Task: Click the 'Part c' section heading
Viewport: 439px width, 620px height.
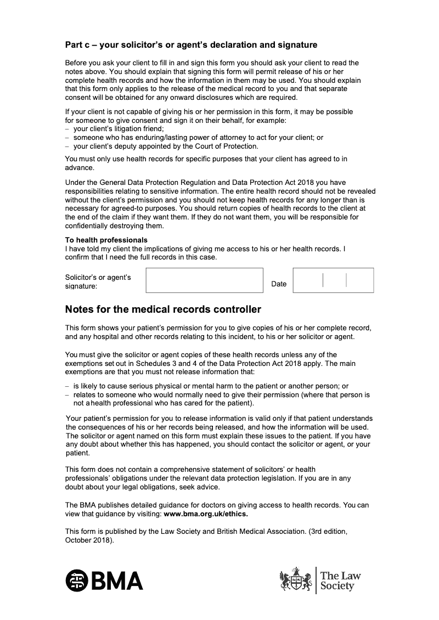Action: pyautogui.click(x=191, y=44)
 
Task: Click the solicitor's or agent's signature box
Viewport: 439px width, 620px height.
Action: pyautogui.click(x=204, y=280)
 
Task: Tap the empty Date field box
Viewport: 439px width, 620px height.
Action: pyautogui.click(x=333, y=280)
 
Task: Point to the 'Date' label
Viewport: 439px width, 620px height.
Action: pyautogui.click(x=279, y=284)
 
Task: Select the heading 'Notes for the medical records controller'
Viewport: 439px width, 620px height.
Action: pyautogui.click(x=163, y=309)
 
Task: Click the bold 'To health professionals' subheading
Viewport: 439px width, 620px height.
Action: pyautogui.click(x=106, y=240)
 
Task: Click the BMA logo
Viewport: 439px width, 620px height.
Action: pyautogui.click(x=104, y=580)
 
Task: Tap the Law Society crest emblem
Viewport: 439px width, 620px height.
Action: pyautogui.click(x=296, y=579)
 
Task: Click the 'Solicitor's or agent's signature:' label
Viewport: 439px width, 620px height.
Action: pyautogui.click(x=98, y=281)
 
